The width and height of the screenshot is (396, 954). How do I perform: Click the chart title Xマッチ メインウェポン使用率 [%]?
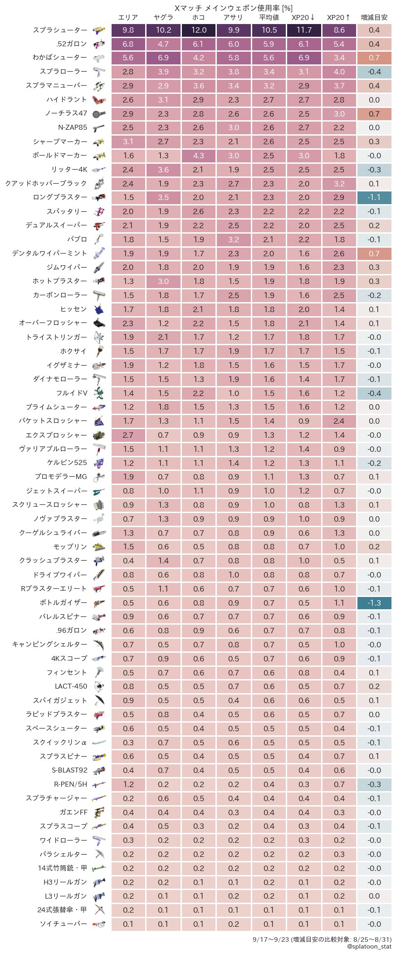pos(233,8)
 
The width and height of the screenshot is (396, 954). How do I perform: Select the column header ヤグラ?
pos(163,18)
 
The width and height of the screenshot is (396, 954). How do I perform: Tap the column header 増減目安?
pos(374,18)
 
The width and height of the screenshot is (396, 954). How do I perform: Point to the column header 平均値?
pos(269,18)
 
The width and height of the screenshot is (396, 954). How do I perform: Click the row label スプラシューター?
pos(60,30)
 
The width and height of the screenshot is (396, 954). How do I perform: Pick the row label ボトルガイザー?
pos(63,603)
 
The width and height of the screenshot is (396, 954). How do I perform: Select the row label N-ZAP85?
pos(72,127)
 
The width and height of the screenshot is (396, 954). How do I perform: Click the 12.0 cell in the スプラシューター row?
pos(199,30)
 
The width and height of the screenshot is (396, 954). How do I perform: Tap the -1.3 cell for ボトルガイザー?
pos(374,603)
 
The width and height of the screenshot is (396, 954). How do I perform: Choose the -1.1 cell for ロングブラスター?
pos(374,197)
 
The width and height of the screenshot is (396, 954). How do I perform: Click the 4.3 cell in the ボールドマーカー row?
pos(199,156)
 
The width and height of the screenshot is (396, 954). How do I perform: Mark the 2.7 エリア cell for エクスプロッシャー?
pos(128,435)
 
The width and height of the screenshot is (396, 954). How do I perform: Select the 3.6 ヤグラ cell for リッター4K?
pos(163,170)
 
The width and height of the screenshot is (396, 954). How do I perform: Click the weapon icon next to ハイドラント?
pos(99,100)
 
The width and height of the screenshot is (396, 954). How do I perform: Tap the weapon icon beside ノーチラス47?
pos(99,114)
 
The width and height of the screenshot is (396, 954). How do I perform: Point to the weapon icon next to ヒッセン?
pos(99,309)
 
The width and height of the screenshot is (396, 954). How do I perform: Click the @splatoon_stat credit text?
pos(369,946)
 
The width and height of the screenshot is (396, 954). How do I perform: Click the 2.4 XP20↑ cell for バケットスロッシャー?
pos(339,421)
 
